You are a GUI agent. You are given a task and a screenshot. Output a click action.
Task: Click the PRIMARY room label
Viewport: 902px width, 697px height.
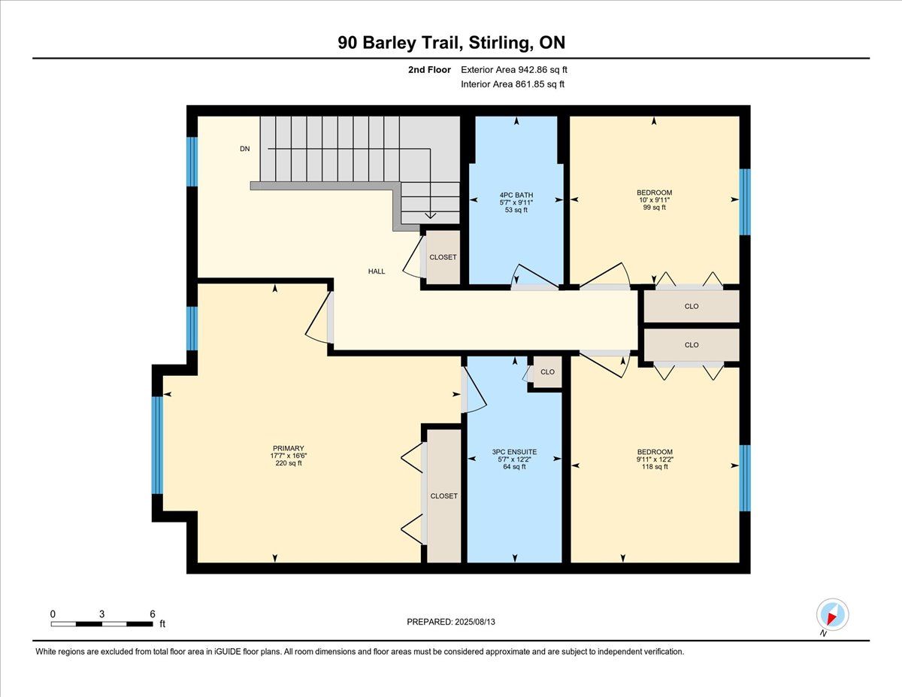(289, 448)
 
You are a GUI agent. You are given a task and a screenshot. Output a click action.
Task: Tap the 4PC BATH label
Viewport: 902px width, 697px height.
(516, 195)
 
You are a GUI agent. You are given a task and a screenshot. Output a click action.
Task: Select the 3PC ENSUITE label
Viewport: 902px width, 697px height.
(514, 452)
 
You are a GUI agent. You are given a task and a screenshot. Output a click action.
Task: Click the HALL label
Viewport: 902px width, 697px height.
(377, 271)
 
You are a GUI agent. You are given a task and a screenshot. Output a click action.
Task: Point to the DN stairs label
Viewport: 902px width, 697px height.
(245, 149)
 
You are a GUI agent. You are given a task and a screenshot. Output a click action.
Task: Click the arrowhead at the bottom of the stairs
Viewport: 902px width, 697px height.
(431, 215)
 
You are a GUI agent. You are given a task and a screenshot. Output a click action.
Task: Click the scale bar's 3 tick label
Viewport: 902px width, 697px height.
(101, 614)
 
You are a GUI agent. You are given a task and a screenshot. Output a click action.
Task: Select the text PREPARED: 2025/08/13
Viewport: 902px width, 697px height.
(451, 622)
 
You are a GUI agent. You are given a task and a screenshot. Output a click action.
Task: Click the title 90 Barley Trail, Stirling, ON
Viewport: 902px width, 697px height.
(451, 43)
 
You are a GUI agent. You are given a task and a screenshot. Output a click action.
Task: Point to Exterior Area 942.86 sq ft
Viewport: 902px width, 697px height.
(514, 70)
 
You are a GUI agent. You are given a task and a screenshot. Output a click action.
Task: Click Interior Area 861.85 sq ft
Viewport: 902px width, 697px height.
(513, 84)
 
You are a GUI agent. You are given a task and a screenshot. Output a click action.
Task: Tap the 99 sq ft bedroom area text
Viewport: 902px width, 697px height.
(654, 208)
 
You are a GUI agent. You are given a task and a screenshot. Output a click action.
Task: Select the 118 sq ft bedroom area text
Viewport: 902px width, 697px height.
(655, 467)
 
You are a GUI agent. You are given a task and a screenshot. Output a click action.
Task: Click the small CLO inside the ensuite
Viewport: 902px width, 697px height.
(547, 372)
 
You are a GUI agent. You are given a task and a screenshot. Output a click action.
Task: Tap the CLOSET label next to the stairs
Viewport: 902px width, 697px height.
(443, 257)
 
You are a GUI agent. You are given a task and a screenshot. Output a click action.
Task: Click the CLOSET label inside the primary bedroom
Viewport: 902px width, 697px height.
(443, 496)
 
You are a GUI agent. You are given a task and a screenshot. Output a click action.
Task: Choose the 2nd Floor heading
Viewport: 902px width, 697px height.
(429, 70)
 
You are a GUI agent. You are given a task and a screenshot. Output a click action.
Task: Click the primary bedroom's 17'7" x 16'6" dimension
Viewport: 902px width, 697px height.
(289, 456)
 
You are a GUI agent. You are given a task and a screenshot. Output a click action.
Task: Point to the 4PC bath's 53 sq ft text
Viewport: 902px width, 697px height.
(516, 210)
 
